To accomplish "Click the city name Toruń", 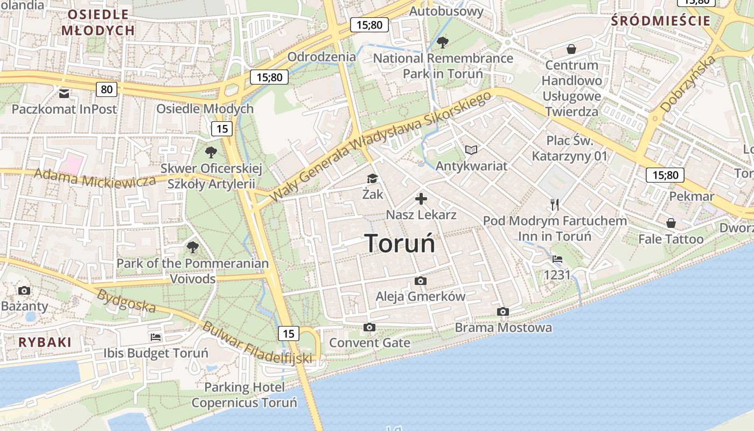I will point(400,243).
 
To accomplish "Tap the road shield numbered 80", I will point(107,89).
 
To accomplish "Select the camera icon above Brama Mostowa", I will point(503,312).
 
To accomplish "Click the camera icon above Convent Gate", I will point(369,327).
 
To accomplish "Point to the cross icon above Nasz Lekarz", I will point(421,199).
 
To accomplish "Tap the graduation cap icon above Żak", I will point(372,179).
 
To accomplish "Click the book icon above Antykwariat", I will point(471,150).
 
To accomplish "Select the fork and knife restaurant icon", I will point(555,205).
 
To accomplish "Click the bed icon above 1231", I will point(557,260).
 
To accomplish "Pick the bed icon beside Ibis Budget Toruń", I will point(156,338).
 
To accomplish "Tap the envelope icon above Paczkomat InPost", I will point(64,94).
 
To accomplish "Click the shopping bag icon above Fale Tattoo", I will point(671,223).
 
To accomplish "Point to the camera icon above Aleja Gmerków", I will point(421,281).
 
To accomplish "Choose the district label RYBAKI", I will point(45,342).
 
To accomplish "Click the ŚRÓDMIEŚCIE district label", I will point(661,21).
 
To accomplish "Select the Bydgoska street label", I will point(126,301).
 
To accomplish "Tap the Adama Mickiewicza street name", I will point(95,178).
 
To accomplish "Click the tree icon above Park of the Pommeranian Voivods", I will point(192,248).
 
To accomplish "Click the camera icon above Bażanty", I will point(24,291).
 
